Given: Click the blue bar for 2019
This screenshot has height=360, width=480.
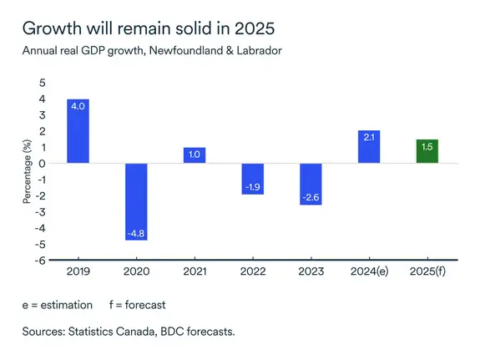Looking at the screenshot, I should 78,131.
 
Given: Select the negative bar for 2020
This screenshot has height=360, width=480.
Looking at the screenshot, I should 136,201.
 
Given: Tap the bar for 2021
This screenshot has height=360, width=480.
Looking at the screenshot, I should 195,155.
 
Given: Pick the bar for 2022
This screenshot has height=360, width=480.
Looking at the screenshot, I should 252,179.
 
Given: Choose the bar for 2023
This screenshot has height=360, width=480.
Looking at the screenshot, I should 311,184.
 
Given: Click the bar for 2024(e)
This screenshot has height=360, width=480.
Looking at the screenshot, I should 368,146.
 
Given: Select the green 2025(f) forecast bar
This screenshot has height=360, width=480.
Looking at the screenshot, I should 427,151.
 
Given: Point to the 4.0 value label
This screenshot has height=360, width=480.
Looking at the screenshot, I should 78,107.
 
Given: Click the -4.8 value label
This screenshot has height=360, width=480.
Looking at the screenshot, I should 136,233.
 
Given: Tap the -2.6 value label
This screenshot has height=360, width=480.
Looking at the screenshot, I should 311,198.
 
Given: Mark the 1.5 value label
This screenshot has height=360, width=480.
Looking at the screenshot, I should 427,147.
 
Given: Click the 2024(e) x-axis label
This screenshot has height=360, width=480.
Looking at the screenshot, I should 368,271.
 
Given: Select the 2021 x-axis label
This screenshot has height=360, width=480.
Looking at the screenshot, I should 195,271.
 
